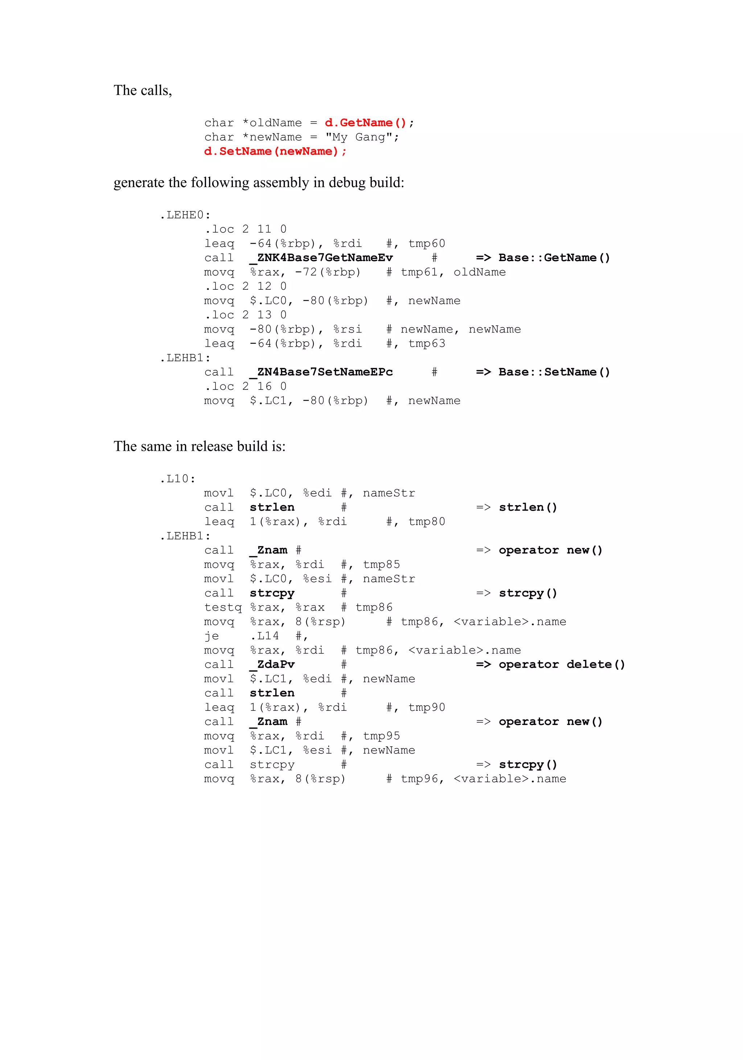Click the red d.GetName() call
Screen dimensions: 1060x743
365,123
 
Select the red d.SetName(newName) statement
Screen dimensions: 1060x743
275,152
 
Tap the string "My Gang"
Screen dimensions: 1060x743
362,137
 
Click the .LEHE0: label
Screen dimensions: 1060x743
185,215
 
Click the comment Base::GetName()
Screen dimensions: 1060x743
554,257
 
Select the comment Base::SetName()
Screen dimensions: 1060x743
554,372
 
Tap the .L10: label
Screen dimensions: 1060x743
177,479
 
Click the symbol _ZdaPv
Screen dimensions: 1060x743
272,664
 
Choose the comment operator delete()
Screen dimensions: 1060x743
562,664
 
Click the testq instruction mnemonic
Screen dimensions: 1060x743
223,607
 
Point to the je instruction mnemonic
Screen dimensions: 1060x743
212,636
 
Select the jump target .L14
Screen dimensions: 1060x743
264,636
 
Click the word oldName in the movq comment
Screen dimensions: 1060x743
479,272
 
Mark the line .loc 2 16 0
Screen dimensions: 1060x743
246,387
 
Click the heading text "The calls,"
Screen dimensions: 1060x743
143,91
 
